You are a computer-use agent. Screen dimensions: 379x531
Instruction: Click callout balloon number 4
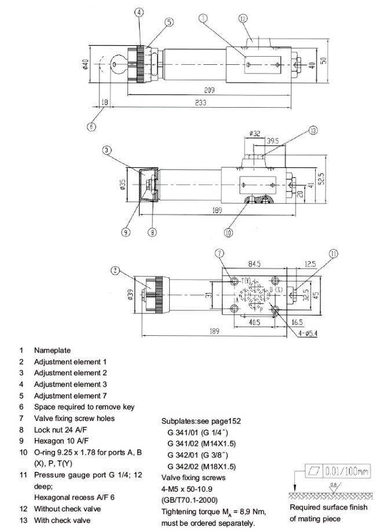point(139,12)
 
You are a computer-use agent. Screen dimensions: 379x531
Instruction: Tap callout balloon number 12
point(243,19)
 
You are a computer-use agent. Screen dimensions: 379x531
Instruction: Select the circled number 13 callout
point(314,130)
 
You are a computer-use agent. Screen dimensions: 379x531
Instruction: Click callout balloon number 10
point(228,233)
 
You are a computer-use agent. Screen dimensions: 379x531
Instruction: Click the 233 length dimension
point(201,102)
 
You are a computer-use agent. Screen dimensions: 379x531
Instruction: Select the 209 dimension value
point(209,90)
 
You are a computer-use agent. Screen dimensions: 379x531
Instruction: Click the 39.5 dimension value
point(272,141)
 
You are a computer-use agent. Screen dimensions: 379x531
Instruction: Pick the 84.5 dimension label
point(254,264)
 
